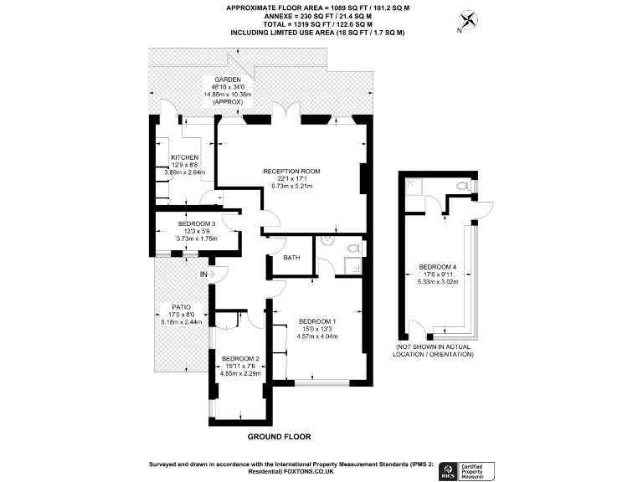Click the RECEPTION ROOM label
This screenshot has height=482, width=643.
click(291, 172)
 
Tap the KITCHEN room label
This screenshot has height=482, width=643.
click(184, 157)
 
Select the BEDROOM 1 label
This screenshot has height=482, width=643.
click(317, 322)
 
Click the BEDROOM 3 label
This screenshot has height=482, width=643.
click(197, 223)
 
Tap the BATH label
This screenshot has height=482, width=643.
click(291, 258)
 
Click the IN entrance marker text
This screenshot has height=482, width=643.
click(203, 274)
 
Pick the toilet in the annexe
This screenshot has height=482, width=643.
click(461, 185)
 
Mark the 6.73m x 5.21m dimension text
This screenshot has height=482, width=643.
click(291, 187)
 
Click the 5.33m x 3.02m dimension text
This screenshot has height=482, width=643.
click(437, 281)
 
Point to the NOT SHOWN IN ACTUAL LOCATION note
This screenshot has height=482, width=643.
click(434, 350)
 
